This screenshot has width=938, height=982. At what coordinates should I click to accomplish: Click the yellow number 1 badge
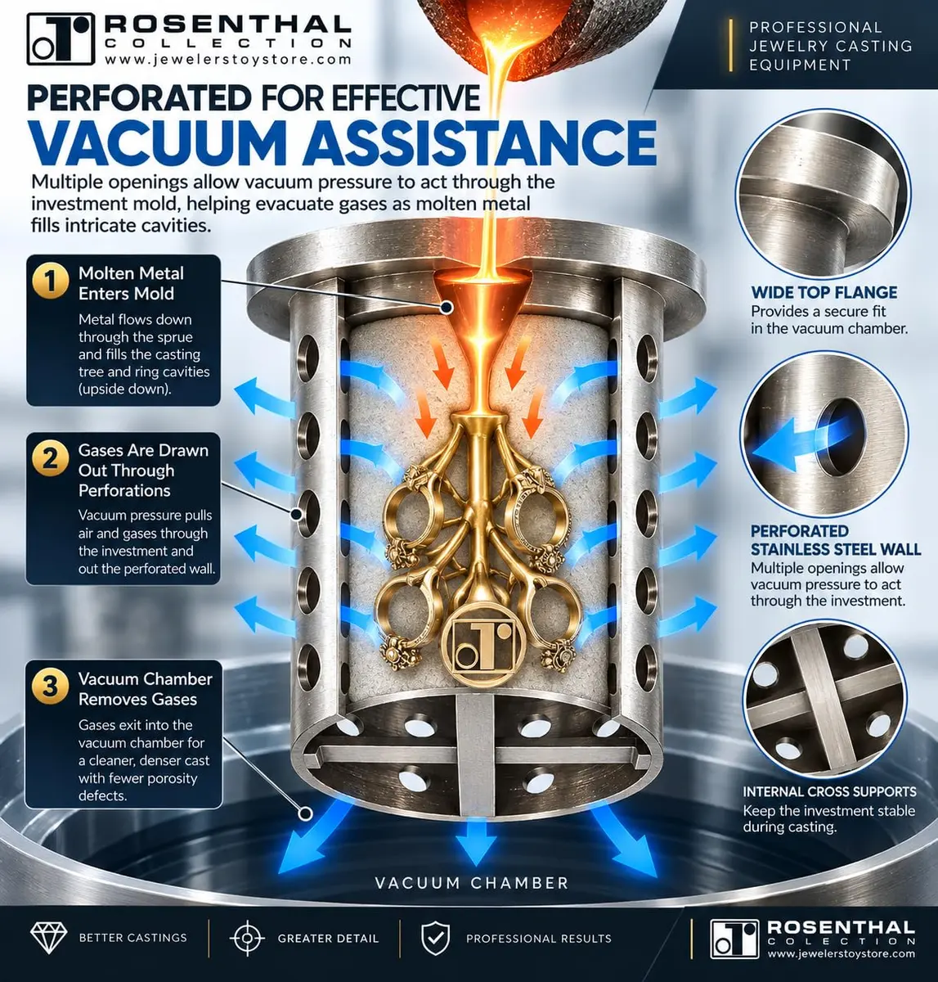pyautogui.click(x=51, y=281)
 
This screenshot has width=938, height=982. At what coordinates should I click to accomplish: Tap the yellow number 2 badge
pyautogui.click(x=51, y=459)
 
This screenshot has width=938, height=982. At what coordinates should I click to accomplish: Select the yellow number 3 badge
pyautogui.click(x=51, y=687)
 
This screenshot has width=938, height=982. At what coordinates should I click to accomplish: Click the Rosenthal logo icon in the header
pyautogui.click(x=61, y=39)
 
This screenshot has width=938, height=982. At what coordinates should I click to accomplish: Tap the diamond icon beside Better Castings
pyautogui.click(x=48, y=938)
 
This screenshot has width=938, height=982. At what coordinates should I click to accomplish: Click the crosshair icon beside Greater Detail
pyautogui.click(x=247, y=938)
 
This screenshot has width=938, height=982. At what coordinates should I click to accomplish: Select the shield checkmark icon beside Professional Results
pyautogui.click(x=435, y=938)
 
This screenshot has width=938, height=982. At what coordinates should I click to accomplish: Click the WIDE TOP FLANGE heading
pyautogui.click(x=824, y=293)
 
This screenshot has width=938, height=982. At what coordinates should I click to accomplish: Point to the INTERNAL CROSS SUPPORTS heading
pyautogui.click(x=829, y=792)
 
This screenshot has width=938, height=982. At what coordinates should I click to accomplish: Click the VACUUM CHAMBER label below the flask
pyautogui.click(x=472, y=883)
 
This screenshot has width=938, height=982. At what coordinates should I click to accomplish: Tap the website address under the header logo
pyautogui.click(x=228, y=60)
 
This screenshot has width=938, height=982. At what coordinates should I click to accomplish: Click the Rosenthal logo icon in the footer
pyautogui.click(x=734, y=939)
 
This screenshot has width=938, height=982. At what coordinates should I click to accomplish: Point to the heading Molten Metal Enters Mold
pyautogui.click(x=131, y=284)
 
